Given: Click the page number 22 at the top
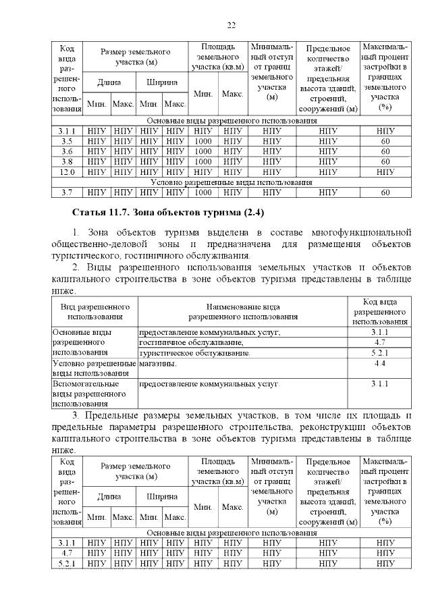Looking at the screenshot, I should click(231, 26).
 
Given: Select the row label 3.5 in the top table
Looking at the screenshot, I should click(66, 141).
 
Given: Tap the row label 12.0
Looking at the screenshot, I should click(66, 171).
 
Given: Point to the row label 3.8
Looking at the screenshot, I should click(66, 161).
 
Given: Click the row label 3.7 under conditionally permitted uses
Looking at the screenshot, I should click(66, 192).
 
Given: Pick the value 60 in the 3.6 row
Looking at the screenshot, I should click(385, 151).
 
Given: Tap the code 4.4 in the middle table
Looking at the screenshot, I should click(379, 364).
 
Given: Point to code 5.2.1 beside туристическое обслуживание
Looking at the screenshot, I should click(379, 353).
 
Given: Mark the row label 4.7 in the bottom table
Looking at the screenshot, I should click(66, 552).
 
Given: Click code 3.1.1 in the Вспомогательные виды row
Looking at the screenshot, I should click(379, 384).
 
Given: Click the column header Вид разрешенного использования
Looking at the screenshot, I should click(94, 311).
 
